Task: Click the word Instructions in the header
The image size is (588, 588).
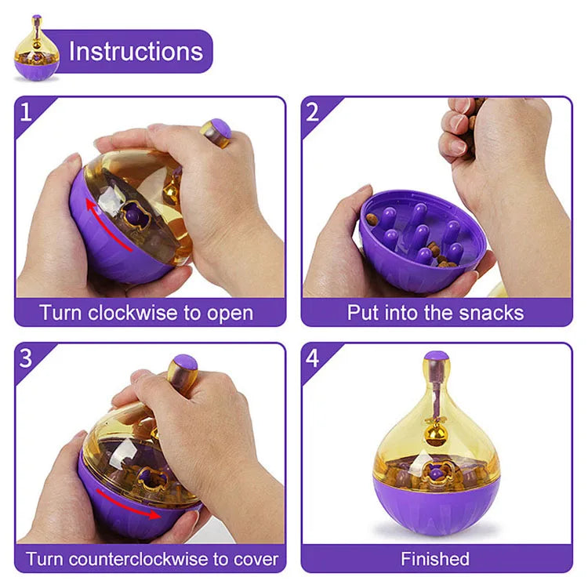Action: pyautogui.click(x=136, y=52)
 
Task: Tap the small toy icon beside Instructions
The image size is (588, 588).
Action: pyautogui.click(x=36, y=49)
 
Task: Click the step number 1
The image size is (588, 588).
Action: pyautogui.click(x=26, y=112)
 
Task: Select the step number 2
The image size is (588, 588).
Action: pyautogui.click(x=313, y=112)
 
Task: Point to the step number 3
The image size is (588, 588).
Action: pyautogui.click(x=26, y=359)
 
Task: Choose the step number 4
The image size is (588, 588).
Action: pyautogui.click(x=313, y=359)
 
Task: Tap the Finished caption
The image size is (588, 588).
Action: pyautogui.click(x=435, y=559)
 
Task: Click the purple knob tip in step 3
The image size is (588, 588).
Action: pyautogui.click(x=185, y=363)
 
